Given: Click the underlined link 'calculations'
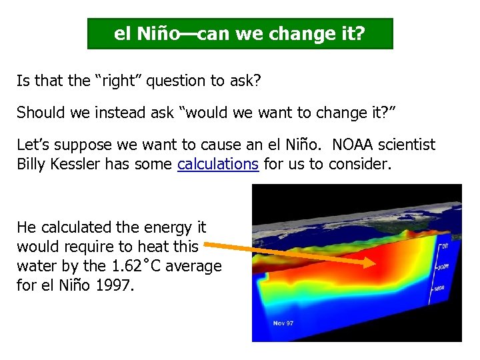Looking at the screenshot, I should coord(218,164).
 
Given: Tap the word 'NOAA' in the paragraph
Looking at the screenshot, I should coord(351,145).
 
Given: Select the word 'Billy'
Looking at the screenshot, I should coord(31,164).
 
